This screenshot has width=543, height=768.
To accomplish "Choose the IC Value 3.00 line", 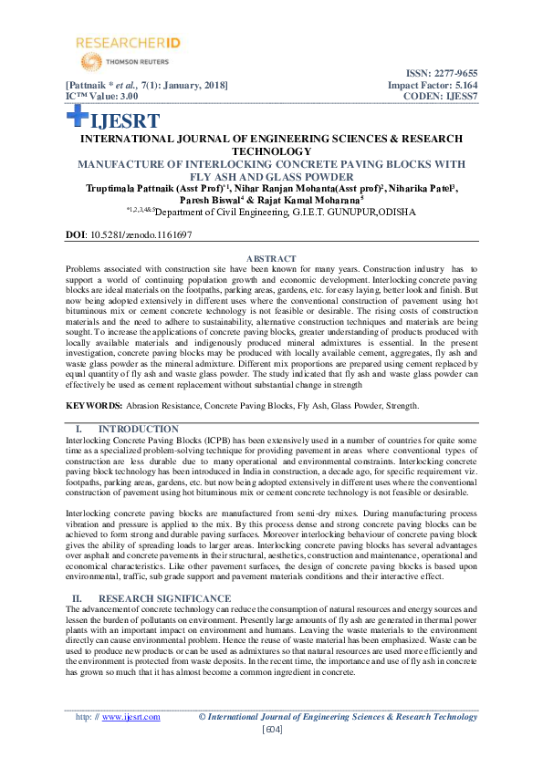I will pyautogui.click(x=101, y=96).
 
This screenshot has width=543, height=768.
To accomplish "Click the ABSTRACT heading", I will pyautogui.click(x=271, y=260).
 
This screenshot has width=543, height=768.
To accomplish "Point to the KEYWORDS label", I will pyautogui.click(x=94, y=404).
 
